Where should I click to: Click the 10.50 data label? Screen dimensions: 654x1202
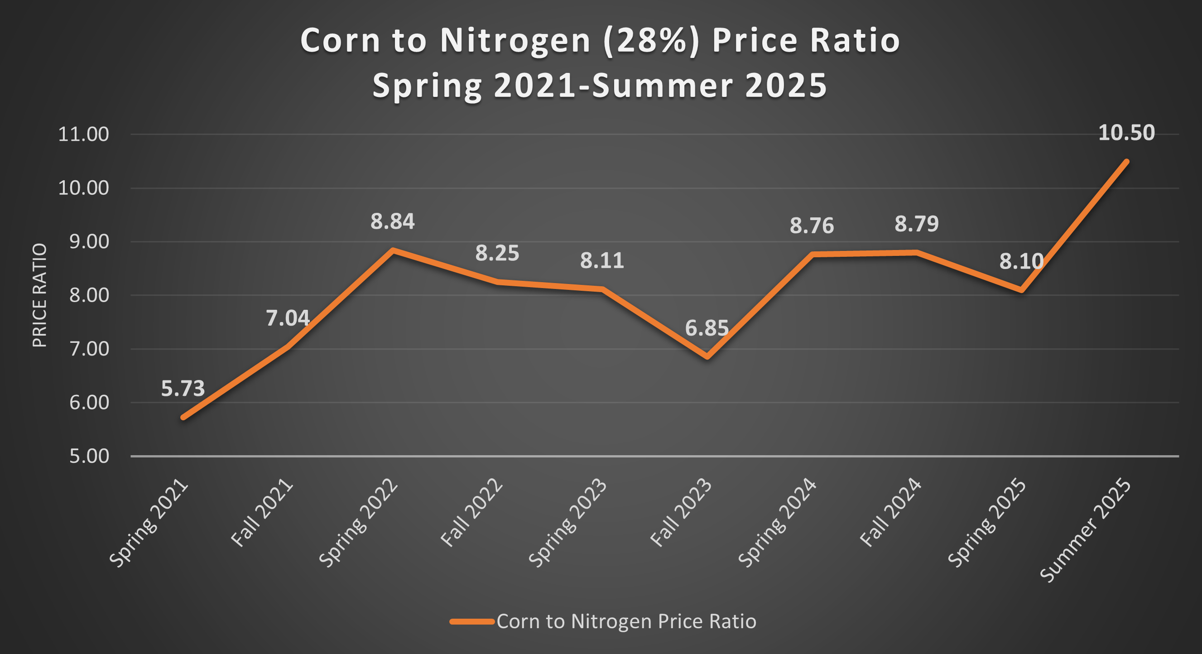pyautogui.click(x=1126, y=133)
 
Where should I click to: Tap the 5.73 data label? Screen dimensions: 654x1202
pyautogui.click(x=183, y=389)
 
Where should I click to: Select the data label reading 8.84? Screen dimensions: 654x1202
pyautogui.click(x=392, y=221)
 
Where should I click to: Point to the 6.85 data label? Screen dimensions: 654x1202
pyautogui.click(x=707, y=328)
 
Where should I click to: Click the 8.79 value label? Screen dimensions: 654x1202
pyautogui.click(x=916, y=224)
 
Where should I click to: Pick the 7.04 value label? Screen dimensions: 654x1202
pyautogui.click(x=288, y=318)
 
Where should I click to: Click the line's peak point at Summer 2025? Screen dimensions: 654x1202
pyautogui.click(x=1126, y=162)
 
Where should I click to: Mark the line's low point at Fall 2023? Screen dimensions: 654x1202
pyautogui.click(x=707, y=357)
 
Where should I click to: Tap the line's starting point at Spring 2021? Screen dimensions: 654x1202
pyautogui.click(x=183, y=417)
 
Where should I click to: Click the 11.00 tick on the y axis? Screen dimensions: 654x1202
pyautogui.click(x=83, y=135)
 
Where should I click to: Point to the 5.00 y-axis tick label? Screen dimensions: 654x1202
pyautogui.click(x=89, y=456)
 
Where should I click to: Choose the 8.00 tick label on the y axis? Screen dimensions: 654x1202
pyautogui.click(x=89, y=295)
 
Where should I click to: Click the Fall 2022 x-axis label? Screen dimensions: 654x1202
pyautogui.click(x=471, y=513)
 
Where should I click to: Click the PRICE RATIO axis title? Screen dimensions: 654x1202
pyautogui.click(x=40, y=295)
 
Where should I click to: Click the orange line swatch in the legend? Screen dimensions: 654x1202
pyautogui.click(x=472, y=621)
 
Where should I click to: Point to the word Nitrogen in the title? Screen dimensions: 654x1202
pyautogui.click(x=515, y=41)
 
